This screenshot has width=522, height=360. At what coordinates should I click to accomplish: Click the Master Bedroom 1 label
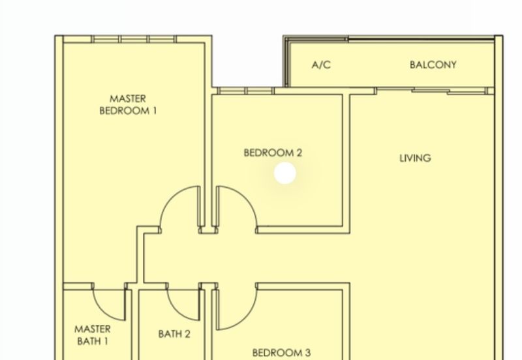[x=128, y=104]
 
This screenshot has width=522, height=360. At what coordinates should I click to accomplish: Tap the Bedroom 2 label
[x=273, y=153]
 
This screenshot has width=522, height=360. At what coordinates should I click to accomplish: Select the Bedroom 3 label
[x=281, y=352]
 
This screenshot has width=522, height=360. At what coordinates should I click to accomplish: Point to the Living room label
[x=415, y=158]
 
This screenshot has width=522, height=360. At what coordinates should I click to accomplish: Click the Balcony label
[x=433, y=65]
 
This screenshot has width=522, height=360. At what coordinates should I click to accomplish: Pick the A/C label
[x=321, y=65]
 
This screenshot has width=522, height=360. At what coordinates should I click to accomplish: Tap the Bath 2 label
[x=174, y=334]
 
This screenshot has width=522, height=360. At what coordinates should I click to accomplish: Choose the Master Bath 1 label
[x=92, y=335]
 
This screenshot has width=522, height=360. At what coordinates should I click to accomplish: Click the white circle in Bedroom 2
[x=285, y=173]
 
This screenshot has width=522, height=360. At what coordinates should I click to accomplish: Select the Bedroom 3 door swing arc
[x=247, y=318]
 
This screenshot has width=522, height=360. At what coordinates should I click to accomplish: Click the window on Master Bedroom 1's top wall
[x=134, y=39]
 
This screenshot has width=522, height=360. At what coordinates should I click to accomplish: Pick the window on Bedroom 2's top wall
[x=246, y=91]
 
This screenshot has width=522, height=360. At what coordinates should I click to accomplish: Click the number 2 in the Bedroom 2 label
[x=299, y=153]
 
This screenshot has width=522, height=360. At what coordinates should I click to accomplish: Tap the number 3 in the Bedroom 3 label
[x=307, y=352]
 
